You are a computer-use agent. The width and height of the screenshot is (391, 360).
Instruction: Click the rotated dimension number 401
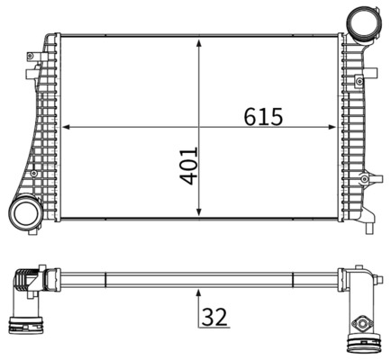point(187,164)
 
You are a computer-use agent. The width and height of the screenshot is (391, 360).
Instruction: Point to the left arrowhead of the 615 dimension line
point(64,127)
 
